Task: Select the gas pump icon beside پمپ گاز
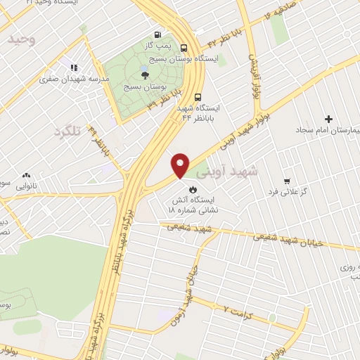pyautogui.click(x=157, y=34)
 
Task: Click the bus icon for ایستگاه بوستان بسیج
pyautogui.click(x=184, y=48)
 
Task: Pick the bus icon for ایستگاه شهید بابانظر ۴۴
pyautogui.click(x=198, y=98)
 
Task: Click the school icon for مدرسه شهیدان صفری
pyautogui.click(x=72, y=68)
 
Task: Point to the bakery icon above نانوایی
pyautogui.click(x=27, y=175)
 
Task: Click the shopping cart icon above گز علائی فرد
pyautogui.click(x=286, y=181)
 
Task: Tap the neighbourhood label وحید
pyautogui.click(x=21, y=39)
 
